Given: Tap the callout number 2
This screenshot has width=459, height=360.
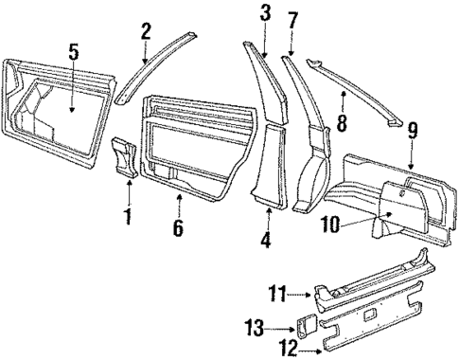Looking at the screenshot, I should [x=146, y=31].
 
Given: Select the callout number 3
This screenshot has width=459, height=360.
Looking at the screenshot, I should [x=265, y=14].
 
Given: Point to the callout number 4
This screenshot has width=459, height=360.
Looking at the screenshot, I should [x=267, y=240].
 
